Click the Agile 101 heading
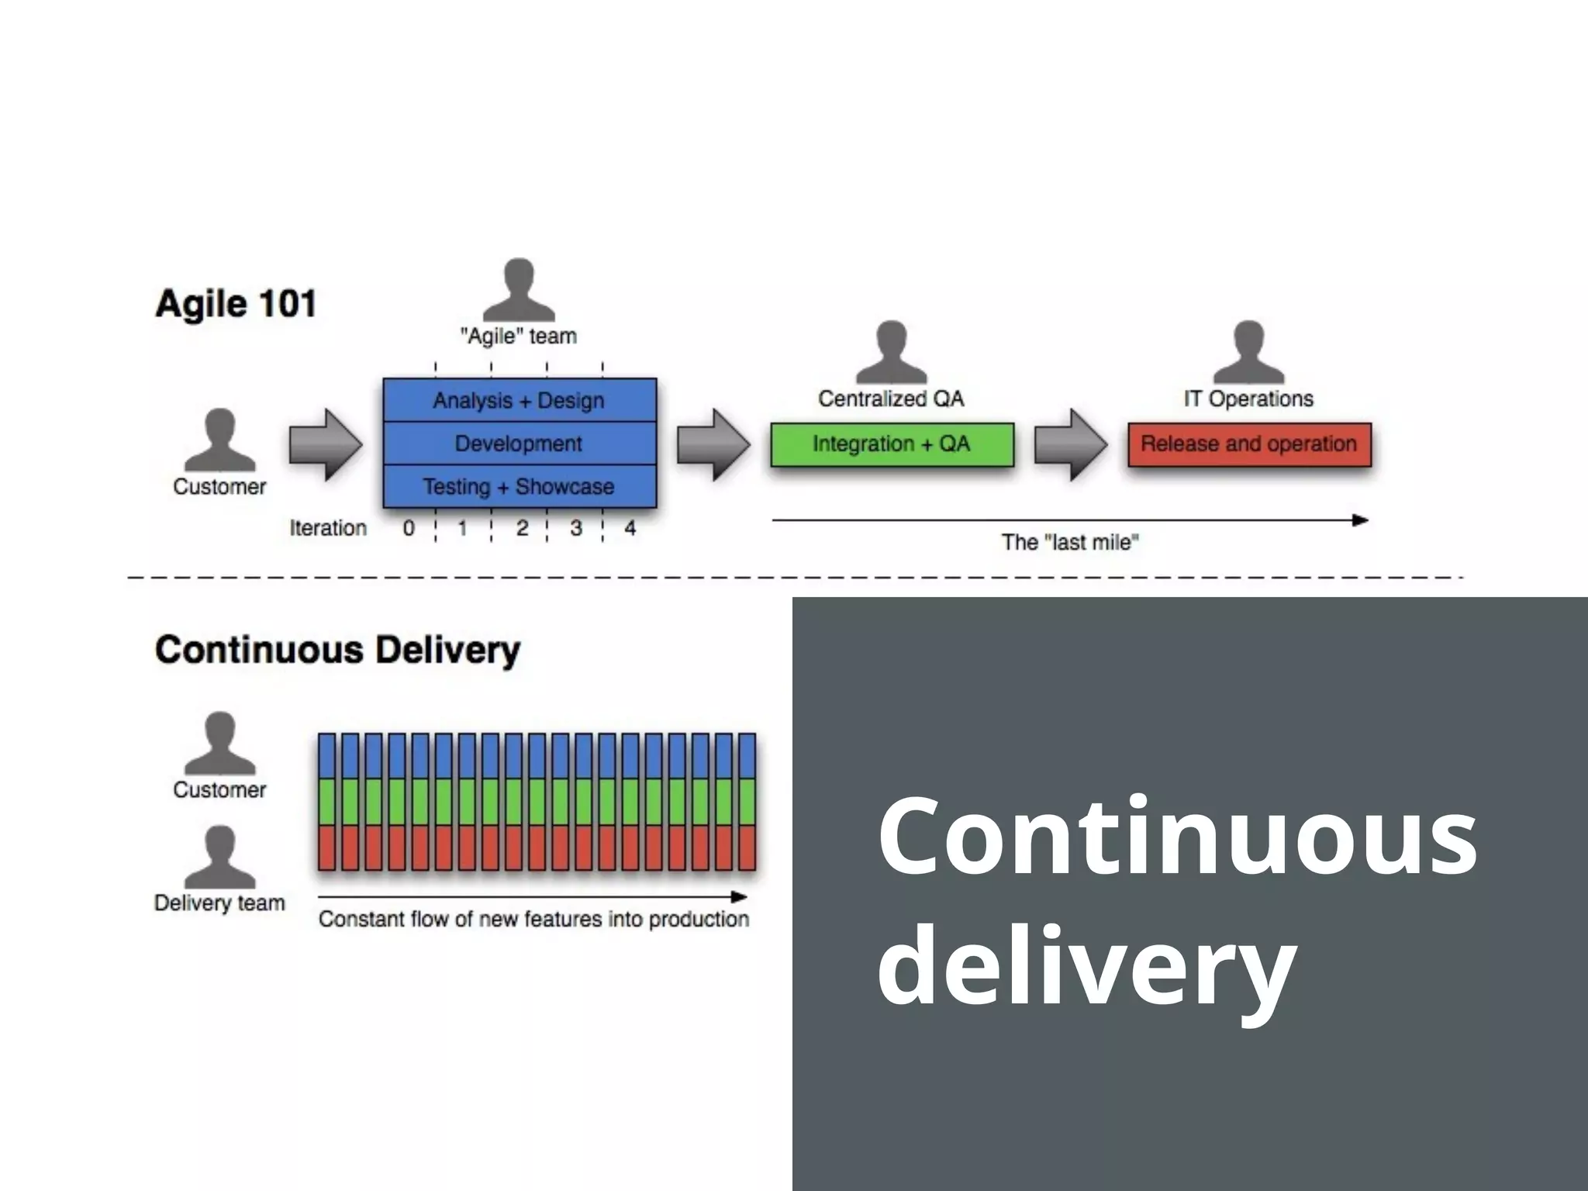tap(236, 303)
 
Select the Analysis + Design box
tap(519, 400)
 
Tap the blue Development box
tap(519, 444)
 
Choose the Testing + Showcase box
tap(519, 486)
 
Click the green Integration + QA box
tap(892, 444)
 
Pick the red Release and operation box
tap(1249, 444)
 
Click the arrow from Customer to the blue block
tap(325, 444)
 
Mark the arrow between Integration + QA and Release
tap(1071, 444)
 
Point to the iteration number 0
tap(409, 528)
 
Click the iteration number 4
tap(630, 528)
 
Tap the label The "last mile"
tap(1070, 542)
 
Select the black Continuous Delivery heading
tap(337, 650)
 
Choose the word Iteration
tap(328, 528)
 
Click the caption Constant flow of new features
tap(533, 919)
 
